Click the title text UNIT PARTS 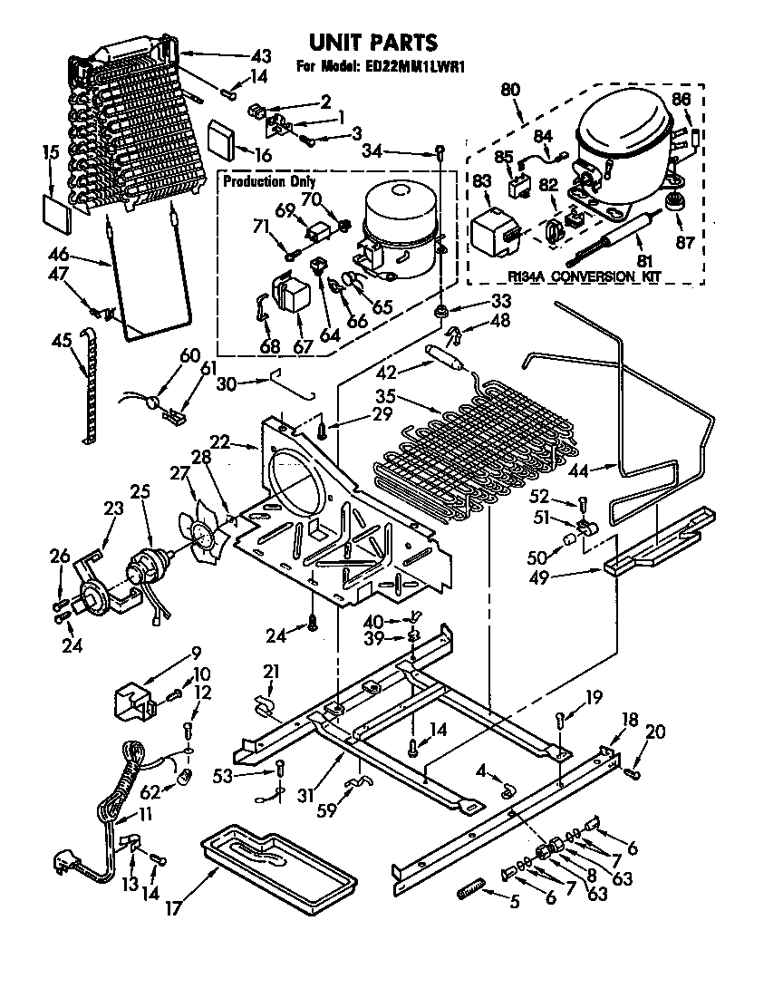click(x=373, y=42)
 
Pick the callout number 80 click(x=510, y=91)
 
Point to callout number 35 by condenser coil click(x=385, y=396)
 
